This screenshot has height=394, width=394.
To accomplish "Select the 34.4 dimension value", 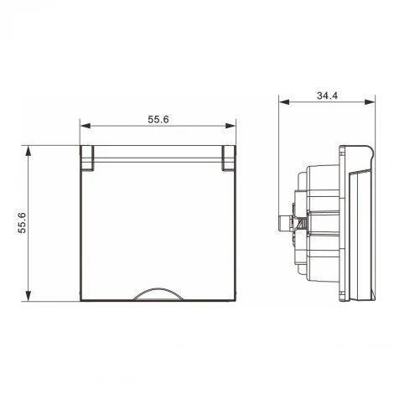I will tap(327, 96).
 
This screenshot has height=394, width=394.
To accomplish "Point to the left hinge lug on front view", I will tap(88, 157).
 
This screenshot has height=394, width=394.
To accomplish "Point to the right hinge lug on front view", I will tap(229, 157).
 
